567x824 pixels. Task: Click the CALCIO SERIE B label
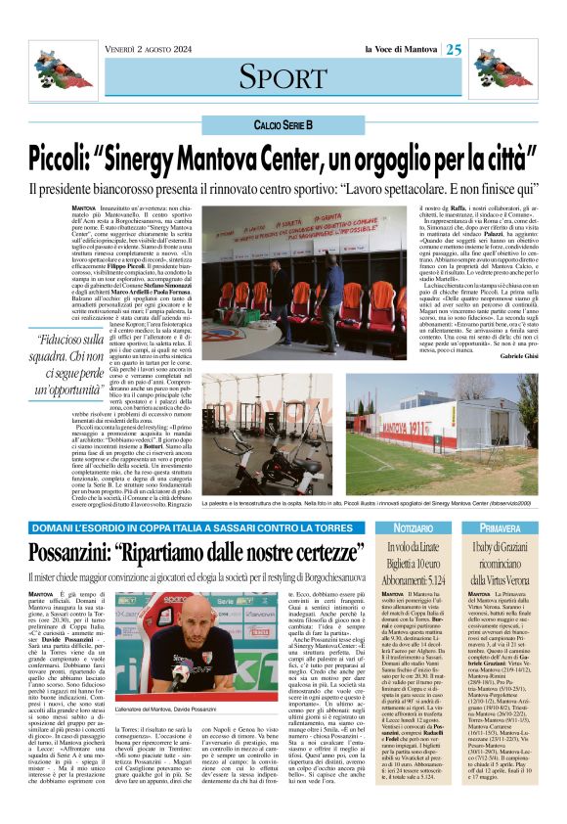283,126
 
